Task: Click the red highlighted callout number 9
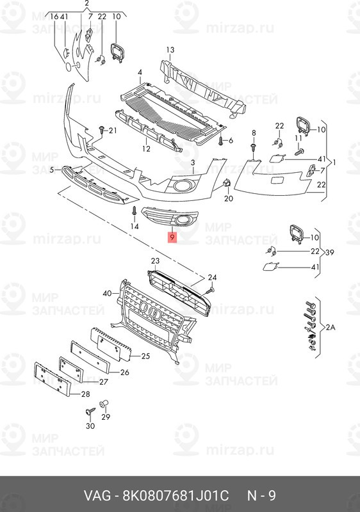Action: (172, 237)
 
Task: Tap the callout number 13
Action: (170, 50)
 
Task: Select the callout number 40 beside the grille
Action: (107, 294)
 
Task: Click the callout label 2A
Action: (331, 327)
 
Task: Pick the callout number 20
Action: (229, 198)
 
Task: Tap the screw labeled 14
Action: (134, 211)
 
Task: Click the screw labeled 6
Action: (221, 140)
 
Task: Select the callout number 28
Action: (86, 394)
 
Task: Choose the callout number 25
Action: (145, 356)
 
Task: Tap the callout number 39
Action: (329, 252)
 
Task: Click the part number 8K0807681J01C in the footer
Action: (176, 495)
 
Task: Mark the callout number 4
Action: (140, 72)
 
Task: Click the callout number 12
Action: (146, 148)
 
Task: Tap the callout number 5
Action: (52, 170)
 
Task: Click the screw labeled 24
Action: (210, 291)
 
